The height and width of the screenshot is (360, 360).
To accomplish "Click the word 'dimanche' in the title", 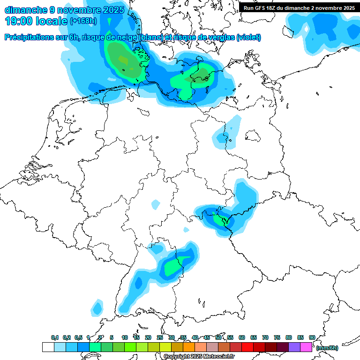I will (x=24, y=10).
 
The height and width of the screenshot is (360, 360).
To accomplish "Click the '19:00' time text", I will (x=19, y=21).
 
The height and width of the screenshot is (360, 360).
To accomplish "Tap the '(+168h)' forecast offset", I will (x=84, y=21).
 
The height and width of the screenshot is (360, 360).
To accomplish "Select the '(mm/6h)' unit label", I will (x=327, y=348).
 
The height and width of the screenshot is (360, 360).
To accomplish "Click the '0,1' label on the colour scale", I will (x=54, y=337).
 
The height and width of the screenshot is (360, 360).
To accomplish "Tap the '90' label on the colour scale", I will (x=312, y=337).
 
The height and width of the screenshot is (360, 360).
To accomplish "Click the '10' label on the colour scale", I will (x=125, y=337).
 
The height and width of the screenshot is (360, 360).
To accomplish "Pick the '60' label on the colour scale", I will (x=242, y=337).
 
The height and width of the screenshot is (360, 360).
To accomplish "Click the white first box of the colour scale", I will (x=48, y=347).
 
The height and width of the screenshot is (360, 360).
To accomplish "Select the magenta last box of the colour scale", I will (x=306, y=347).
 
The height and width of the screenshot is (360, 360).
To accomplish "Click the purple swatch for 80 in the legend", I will (x=294, y=347).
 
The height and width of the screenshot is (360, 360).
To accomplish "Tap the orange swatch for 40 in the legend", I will (x=200, y=347).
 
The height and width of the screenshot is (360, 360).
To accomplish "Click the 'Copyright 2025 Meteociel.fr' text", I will (x=199, y=357).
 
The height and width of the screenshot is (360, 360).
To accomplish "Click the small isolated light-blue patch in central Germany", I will (x=155, y=204).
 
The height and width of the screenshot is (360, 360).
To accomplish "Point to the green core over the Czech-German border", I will (x=219, y=219).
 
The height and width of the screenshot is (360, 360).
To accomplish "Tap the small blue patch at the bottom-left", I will (x=97, y=307).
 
